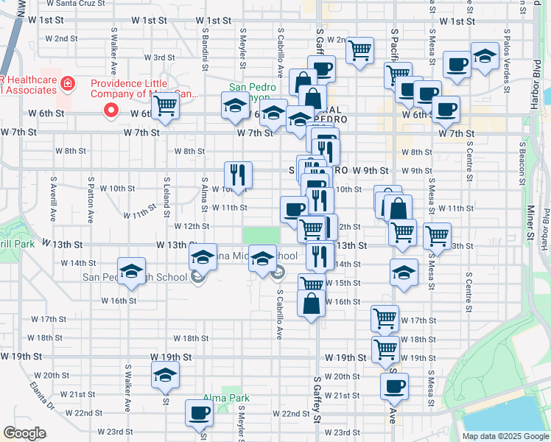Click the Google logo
coord(24,433)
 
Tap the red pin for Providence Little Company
coord(111,111)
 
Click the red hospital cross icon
coord(68,83)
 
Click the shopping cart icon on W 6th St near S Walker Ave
coord(165,105)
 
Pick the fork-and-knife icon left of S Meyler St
coord(238,174)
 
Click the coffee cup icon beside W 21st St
coord(394,385)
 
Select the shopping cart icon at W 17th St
coord(385,318)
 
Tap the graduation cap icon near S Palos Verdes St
coord(485,57)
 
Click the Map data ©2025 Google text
coord(505,436)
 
